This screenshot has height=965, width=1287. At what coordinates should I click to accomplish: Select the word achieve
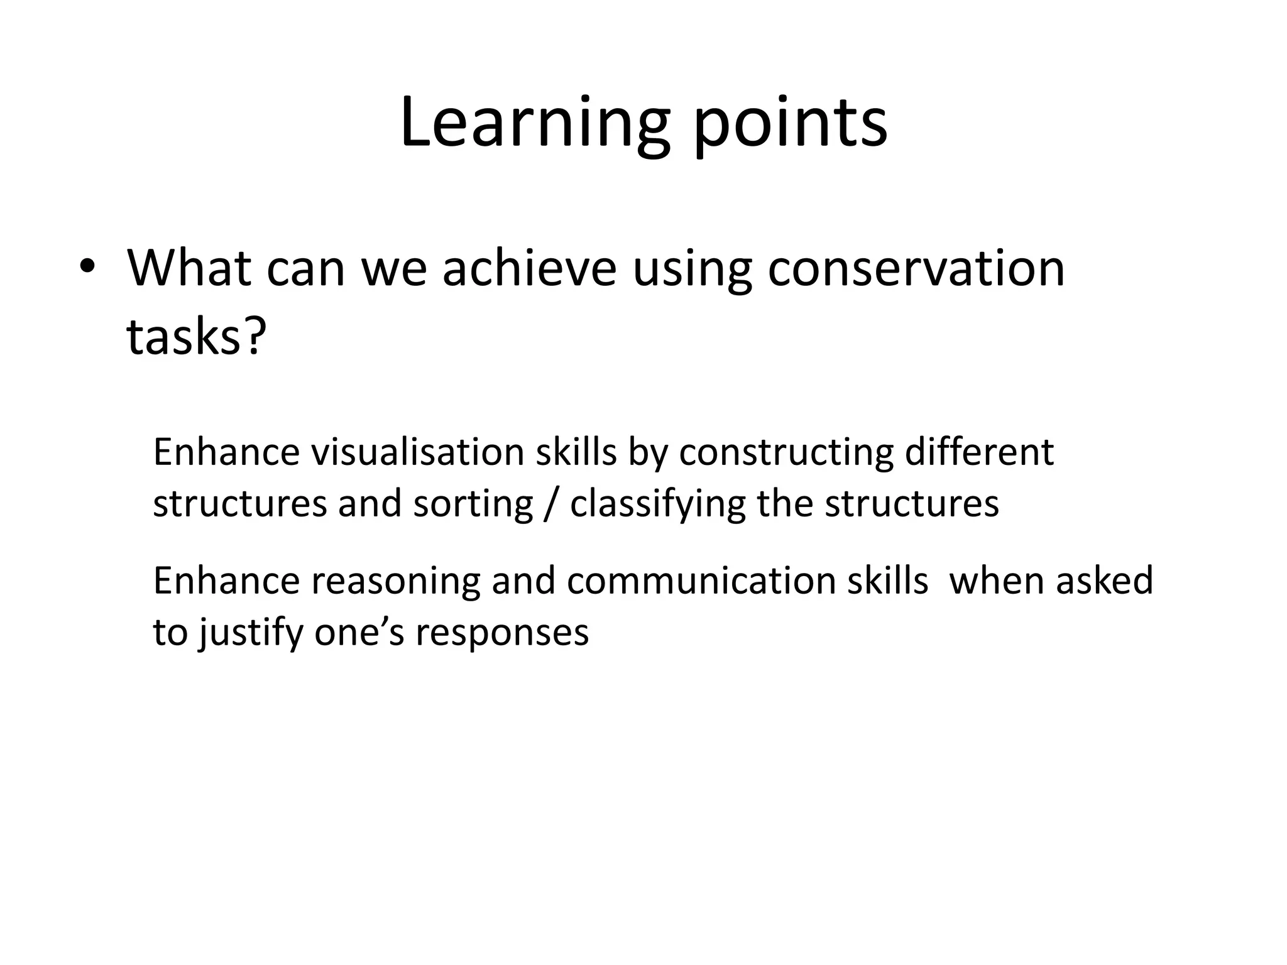(529, 268)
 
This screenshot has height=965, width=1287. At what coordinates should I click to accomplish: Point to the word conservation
(916, 268)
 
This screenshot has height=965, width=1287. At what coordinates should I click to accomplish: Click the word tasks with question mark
(196, 336)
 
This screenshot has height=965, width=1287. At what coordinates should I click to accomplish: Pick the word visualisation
(417, 452)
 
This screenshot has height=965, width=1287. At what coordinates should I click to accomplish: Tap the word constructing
(786, 453)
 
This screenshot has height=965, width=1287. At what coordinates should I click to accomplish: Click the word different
(978, 452)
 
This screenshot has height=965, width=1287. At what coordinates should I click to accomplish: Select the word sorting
(473, 504)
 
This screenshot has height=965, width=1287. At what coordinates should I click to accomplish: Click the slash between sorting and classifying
(551, 504)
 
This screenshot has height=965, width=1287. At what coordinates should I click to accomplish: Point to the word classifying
(657, 504)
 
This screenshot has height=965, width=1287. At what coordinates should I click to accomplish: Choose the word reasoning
(395, 581)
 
